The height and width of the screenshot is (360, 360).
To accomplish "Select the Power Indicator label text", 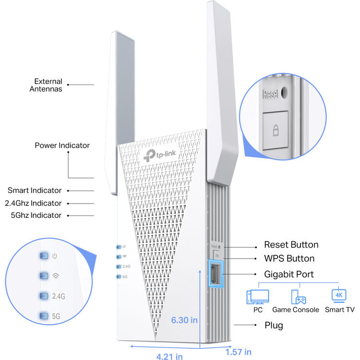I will click(62, 145).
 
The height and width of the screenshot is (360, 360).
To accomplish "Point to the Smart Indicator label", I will click(34, 191).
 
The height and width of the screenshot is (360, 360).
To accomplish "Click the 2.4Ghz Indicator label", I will click(33, 203).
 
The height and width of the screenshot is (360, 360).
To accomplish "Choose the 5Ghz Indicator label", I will click(36, 216).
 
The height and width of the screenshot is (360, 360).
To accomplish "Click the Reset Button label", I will click(291, 245).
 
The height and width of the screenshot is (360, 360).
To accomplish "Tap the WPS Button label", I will click(289, 259).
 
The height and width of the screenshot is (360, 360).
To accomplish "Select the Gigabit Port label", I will click(288, 274).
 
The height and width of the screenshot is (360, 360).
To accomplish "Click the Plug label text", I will click(274, 325).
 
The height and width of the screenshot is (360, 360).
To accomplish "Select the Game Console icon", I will click(296, 297).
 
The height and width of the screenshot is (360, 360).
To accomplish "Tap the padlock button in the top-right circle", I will click(276, 129).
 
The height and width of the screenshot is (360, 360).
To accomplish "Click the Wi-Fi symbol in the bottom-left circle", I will click(56, 276).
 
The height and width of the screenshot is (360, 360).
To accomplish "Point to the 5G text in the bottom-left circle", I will click(57, 316).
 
